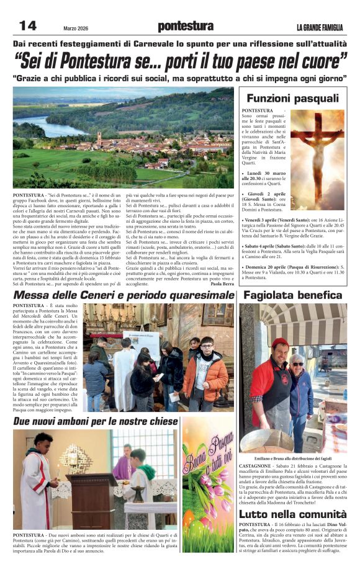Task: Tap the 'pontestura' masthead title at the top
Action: click(x=186, y=26)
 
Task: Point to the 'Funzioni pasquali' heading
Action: click(x=292, y=98)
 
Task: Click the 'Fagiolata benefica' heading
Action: click(x=293, y=296)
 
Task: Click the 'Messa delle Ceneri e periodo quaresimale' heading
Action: click(x=124, y=296)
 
